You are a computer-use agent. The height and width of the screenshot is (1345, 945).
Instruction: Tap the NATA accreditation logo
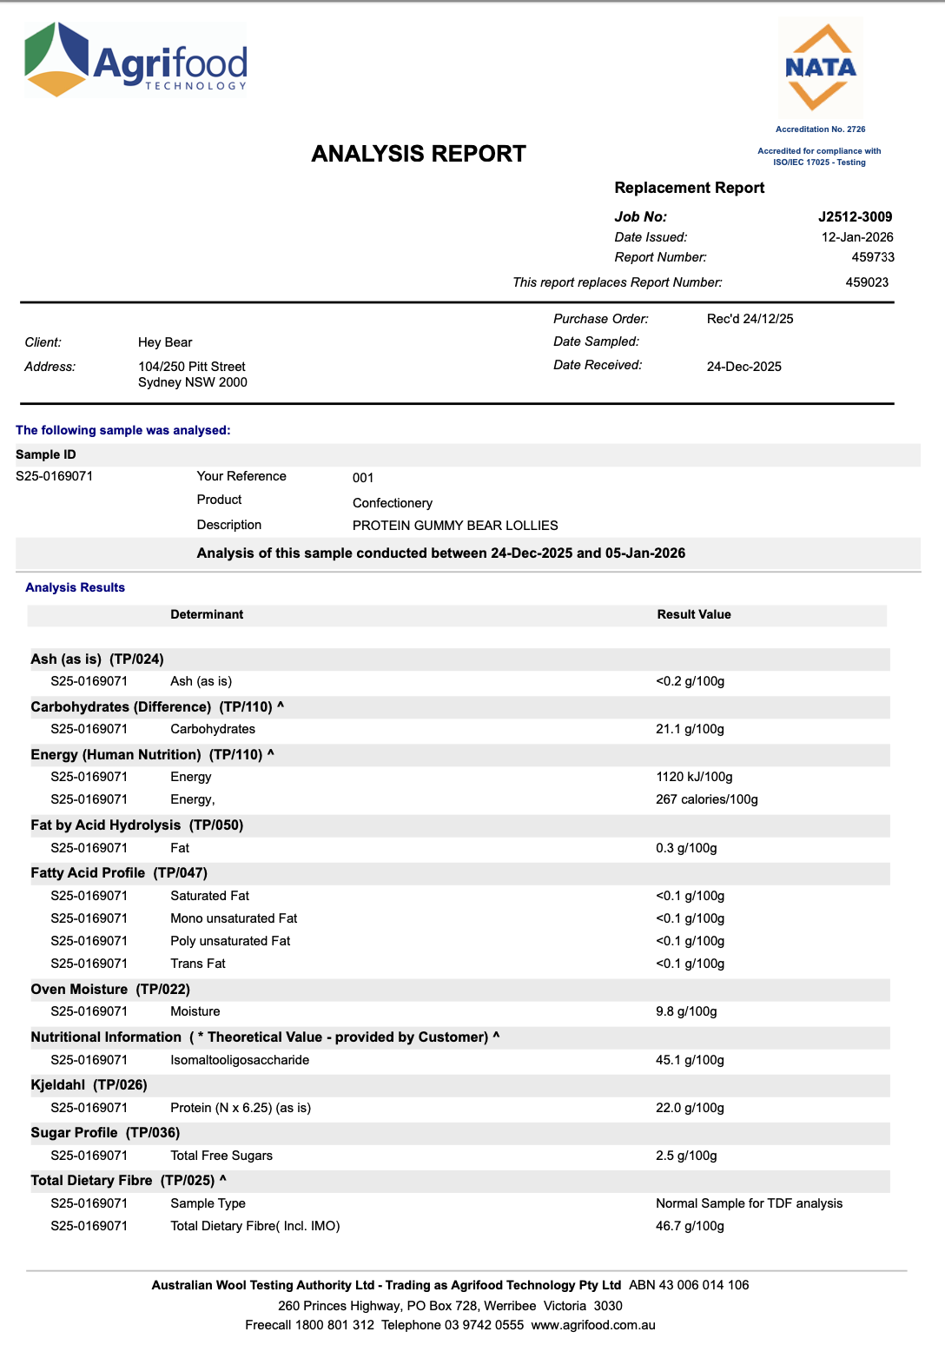pos(820,68)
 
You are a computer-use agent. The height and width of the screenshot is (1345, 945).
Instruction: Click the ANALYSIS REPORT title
pos(419,154)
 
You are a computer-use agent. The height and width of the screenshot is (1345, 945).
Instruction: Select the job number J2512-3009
pos(855,217)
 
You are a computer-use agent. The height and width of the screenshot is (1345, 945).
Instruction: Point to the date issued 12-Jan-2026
pos(856,237)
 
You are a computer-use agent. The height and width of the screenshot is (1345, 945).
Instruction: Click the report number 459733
pos(872,257)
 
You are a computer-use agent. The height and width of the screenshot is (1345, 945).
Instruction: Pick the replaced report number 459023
pos(867,282)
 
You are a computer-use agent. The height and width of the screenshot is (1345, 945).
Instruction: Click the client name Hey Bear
pos(165,342)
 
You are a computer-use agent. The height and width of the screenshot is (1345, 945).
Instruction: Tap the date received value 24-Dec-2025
pos(743,367)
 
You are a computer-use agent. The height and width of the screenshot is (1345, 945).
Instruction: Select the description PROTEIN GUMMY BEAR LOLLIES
pos(455,526)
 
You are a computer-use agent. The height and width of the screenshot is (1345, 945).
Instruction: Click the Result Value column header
pos(694,614)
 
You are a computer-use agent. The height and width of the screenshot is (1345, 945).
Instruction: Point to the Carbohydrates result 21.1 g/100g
pos(690,729)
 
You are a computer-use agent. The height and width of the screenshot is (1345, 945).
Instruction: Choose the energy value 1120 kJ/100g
pos(694,777)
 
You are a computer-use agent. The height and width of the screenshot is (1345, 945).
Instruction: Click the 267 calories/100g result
pos(706,799)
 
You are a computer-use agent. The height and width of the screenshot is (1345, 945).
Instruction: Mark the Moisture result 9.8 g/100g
pos(686,1011)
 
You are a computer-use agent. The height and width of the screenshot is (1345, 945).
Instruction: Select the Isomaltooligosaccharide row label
pos(240,1060)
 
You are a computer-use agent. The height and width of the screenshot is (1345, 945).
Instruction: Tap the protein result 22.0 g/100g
pos(690,1108)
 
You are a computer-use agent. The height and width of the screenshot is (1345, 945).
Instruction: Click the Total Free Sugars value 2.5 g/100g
pos(686,1156)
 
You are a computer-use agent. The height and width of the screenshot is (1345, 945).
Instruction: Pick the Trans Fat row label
pos(198,964)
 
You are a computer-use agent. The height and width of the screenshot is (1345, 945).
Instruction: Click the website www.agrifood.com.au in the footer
pos(593,1325)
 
